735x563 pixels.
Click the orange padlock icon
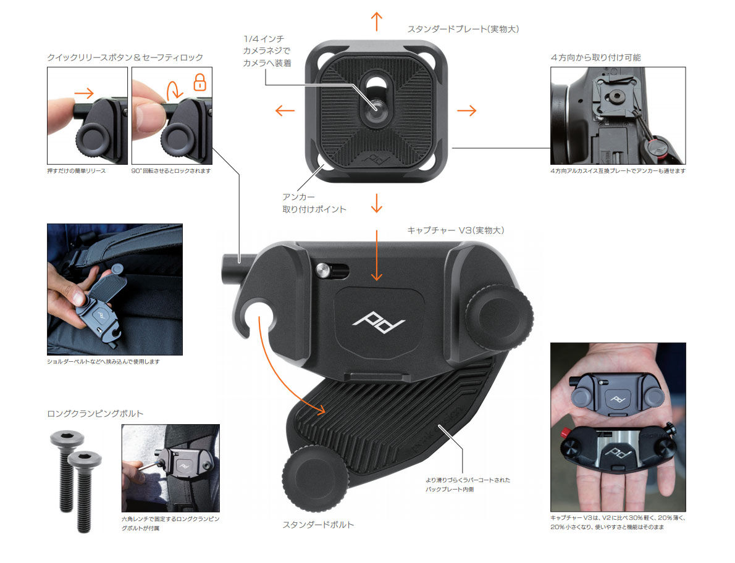tap(199, 82)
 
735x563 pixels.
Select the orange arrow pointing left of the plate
tap(284, 111)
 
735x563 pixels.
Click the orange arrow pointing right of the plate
tap(466, 111)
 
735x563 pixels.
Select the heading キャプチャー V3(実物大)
tap(456, 230)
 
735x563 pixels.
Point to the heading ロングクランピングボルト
tap(95, 414)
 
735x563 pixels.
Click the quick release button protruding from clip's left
tap(232, 265)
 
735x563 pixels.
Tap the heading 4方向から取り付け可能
tap(595, 57)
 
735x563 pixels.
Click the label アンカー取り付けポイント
tap(314, 203)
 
